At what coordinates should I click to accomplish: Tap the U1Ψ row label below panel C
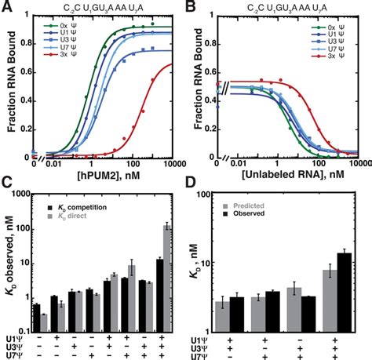[14, 338]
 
